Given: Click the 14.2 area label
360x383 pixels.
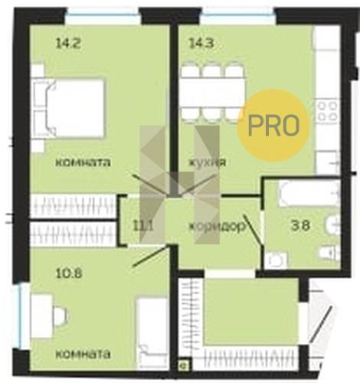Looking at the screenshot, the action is [x=68, y=44].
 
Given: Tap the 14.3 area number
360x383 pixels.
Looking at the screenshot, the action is [x=201, y=44].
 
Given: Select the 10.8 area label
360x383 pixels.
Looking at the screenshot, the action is [x=69, y=273].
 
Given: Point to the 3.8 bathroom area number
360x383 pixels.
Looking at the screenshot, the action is [x=301, y=225].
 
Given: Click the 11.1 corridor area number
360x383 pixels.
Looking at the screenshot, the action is [x=144, y=226].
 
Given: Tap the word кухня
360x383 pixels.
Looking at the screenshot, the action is [x=207, y=162].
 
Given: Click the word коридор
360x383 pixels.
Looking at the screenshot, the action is [x=217, y=226].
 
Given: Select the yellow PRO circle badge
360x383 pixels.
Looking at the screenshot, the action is [x=273, y=125].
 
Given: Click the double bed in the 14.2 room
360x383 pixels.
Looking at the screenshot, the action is [x=70, y=109].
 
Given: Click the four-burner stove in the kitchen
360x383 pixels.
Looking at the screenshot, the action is [x=328, y=111].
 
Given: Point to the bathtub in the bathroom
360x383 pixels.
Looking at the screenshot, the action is [x=309, y=194].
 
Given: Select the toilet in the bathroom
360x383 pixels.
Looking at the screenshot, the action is [x=330, y=254].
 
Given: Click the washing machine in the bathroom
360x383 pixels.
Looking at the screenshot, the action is [x=275, y=260].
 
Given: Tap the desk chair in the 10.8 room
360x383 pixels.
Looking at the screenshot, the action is [x=61, y=316].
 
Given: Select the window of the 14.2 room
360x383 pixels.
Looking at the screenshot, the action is [x=103, y=12].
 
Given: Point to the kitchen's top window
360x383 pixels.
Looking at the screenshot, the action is [x=238, y=12].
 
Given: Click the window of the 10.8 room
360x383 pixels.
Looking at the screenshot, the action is [x=21, y=316].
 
